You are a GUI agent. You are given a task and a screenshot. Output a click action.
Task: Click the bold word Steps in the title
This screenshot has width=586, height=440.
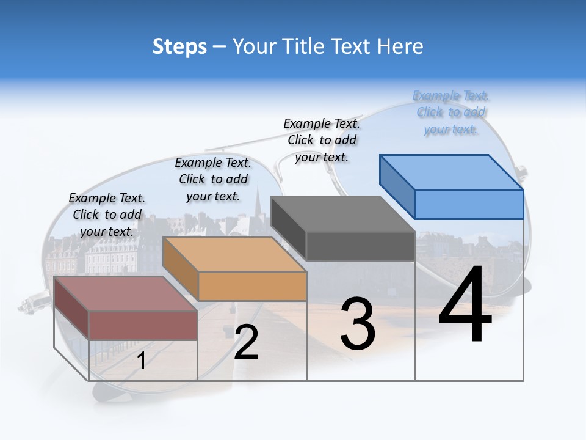click(x=179, y=46)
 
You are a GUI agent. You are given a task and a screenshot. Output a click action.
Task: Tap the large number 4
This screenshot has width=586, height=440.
click(x=466, y=306)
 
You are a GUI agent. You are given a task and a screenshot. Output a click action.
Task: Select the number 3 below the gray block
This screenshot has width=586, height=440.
click(x=358, y=323)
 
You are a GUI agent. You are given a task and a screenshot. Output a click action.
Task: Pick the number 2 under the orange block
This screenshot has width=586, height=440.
click(x=246, y=342)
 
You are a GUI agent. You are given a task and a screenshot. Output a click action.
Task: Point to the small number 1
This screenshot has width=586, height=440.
click(x=142, y=361)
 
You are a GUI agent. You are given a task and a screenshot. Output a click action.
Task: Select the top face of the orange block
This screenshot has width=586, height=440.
click(x=235, y=254)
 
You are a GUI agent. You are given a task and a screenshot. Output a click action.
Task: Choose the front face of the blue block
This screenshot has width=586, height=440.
click(x=469, y=204)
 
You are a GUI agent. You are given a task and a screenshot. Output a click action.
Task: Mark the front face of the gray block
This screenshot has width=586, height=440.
click(x=360, y=246)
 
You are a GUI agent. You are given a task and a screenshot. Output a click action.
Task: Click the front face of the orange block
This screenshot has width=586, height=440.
click(x=252, y=286)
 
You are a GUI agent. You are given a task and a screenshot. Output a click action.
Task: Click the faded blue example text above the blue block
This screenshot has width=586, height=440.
click(x=451, y=112)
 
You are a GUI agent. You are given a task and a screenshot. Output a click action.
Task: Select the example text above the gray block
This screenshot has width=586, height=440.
click(x=322, y=140)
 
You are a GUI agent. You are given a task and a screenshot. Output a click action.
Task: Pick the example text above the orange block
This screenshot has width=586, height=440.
click(x=213, y=179)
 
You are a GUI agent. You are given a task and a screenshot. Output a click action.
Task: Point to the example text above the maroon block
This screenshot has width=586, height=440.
click(x=107, y=215)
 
